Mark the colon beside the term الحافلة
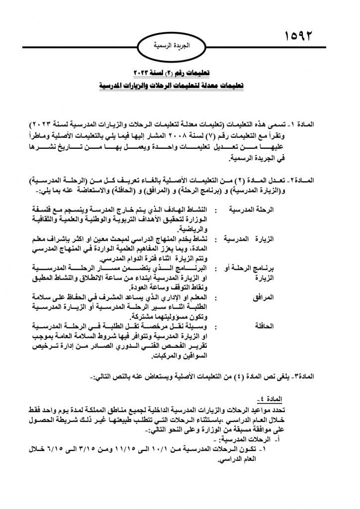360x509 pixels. click(x=217, y=327)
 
